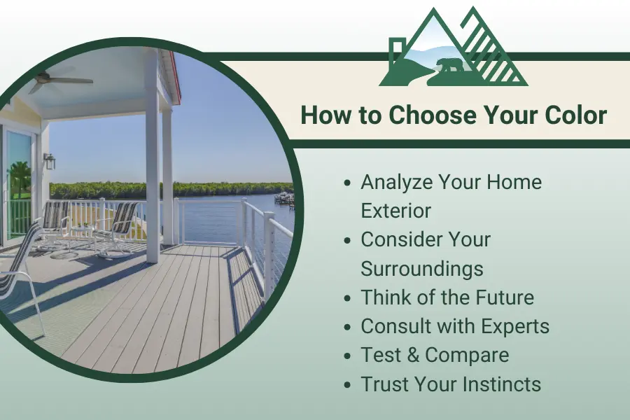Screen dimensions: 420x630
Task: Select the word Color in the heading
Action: pos(571,115)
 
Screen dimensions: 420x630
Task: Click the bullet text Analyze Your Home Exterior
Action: pos(451,196)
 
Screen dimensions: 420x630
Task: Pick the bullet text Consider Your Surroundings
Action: pos(426,253)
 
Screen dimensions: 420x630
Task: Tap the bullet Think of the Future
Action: pos(447,297)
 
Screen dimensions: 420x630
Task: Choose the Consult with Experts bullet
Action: pos(455,326)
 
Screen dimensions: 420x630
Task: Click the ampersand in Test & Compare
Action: pos(410,355)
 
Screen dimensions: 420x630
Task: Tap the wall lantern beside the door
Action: pos(49,162)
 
